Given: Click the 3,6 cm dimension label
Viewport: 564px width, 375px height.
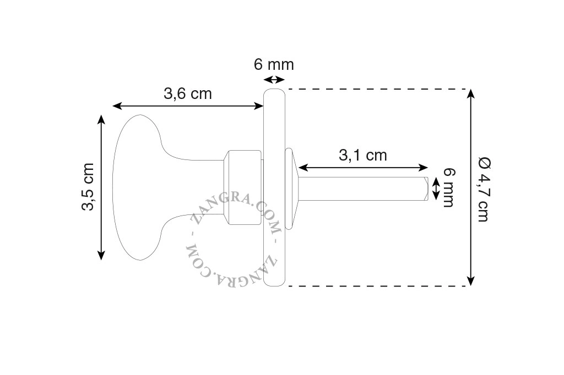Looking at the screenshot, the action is [x=188, y=94].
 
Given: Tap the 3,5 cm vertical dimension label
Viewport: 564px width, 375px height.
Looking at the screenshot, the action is [x=88, y=187].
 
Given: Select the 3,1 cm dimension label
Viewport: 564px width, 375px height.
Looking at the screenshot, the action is [x=363, y=155].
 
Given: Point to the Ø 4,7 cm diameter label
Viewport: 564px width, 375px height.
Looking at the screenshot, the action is [x=484, y=189].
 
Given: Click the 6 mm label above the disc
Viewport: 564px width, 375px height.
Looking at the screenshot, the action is [x=274, y=65].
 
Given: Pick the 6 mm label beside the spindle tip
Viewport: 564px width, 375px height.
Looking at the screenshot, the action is [x=448, y=188].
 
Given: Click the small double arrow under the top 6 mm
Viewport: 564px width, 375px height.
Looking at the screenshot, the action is [x=274, y=79].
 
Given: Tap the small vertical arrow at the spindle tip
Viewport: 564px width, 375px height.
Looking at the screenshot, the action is [x=436, y=189].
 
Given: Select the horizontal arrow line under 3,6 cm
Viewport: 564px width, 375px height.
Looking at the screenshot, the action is [x=188, y=106].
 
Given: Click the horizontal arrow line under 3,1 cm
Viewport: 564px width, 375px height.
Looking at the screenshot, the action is [x=364, y=167].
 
